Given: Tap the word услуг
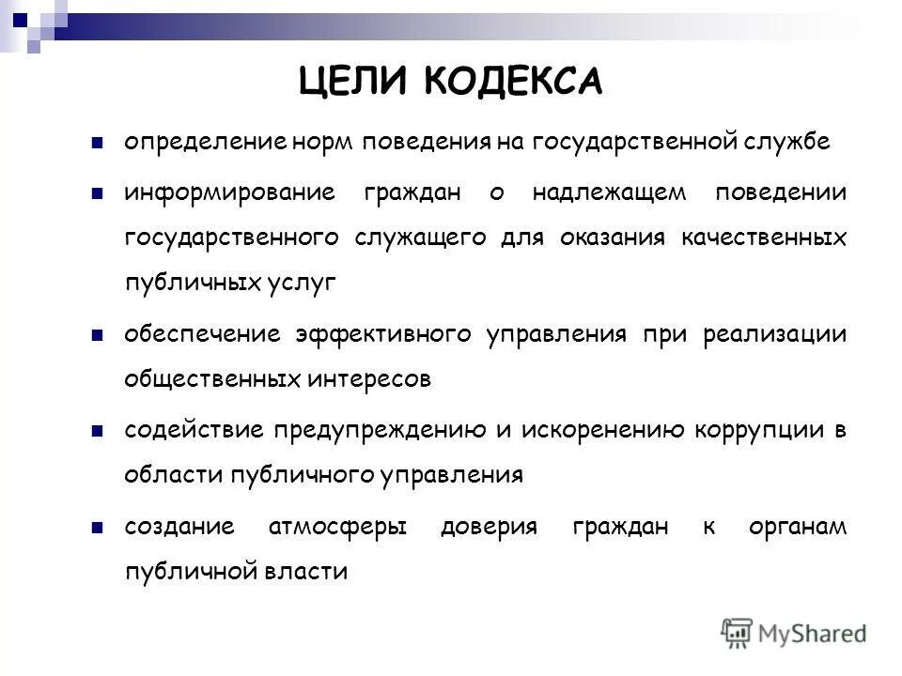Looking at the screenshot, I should [x=303, y=284].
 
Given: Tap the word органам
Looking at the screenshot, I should [x=798, y=527].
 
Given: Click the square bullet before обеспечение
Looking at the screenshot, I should [x=97, y=335].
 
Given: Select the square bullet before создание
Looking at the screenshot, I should [x=97, y=527].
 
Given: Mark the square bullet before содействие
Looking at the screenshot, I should [x=97, y=431].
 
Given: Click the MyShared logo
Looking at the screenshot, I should [x=794, y=634].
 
